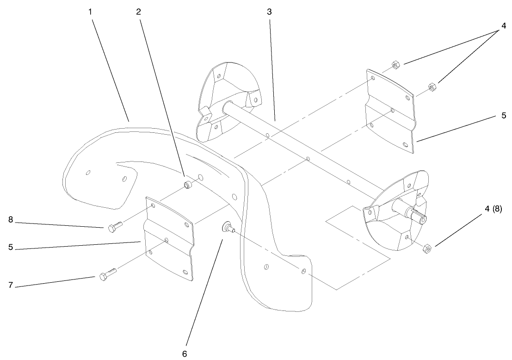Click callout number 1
click(91, 11)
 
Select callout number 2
click(138, 12)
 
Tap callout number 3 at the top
click(269, 12)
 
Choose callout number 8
click(10, 220)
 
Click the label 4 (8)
click(493, 209)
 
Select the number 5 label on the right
click(504, 115)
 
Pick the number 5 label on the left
click(10, 248)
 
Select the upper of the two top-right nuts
click(395, 64)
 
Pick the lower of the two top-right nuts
click(431, 86)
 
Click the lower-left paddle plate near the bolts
click(169, 238)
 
